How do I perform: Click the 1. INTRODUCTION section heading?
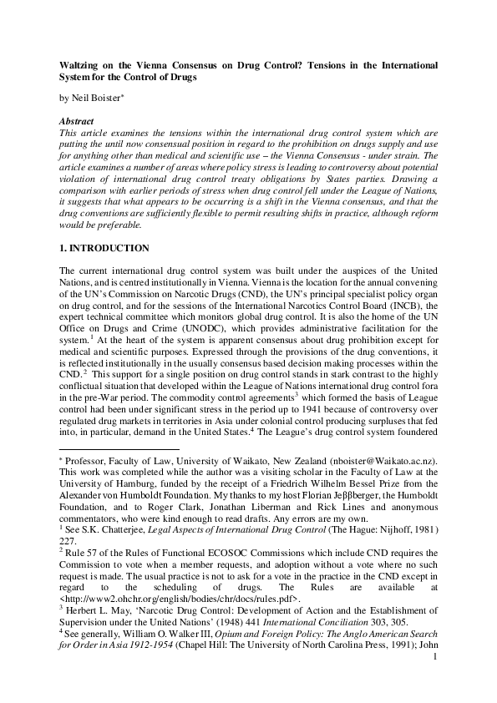click(x=104, y=249)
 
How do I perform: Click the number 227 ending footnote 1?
click(x=69, y=552)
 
